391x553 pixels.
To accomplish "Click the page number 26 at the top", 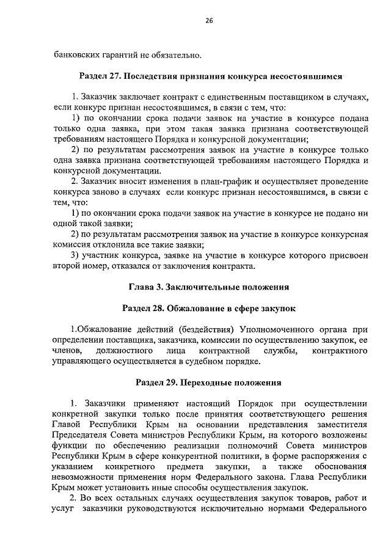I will coord(208,21).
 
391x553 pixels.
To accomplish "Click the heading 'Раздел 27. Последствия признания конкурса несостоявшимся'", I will coord(211,77).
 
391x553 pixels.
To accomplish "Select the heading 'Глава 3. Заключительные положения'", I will coord(208,286).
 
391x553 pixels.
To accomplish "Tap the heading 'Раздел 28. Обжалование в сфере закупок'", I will coord(208,308).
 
